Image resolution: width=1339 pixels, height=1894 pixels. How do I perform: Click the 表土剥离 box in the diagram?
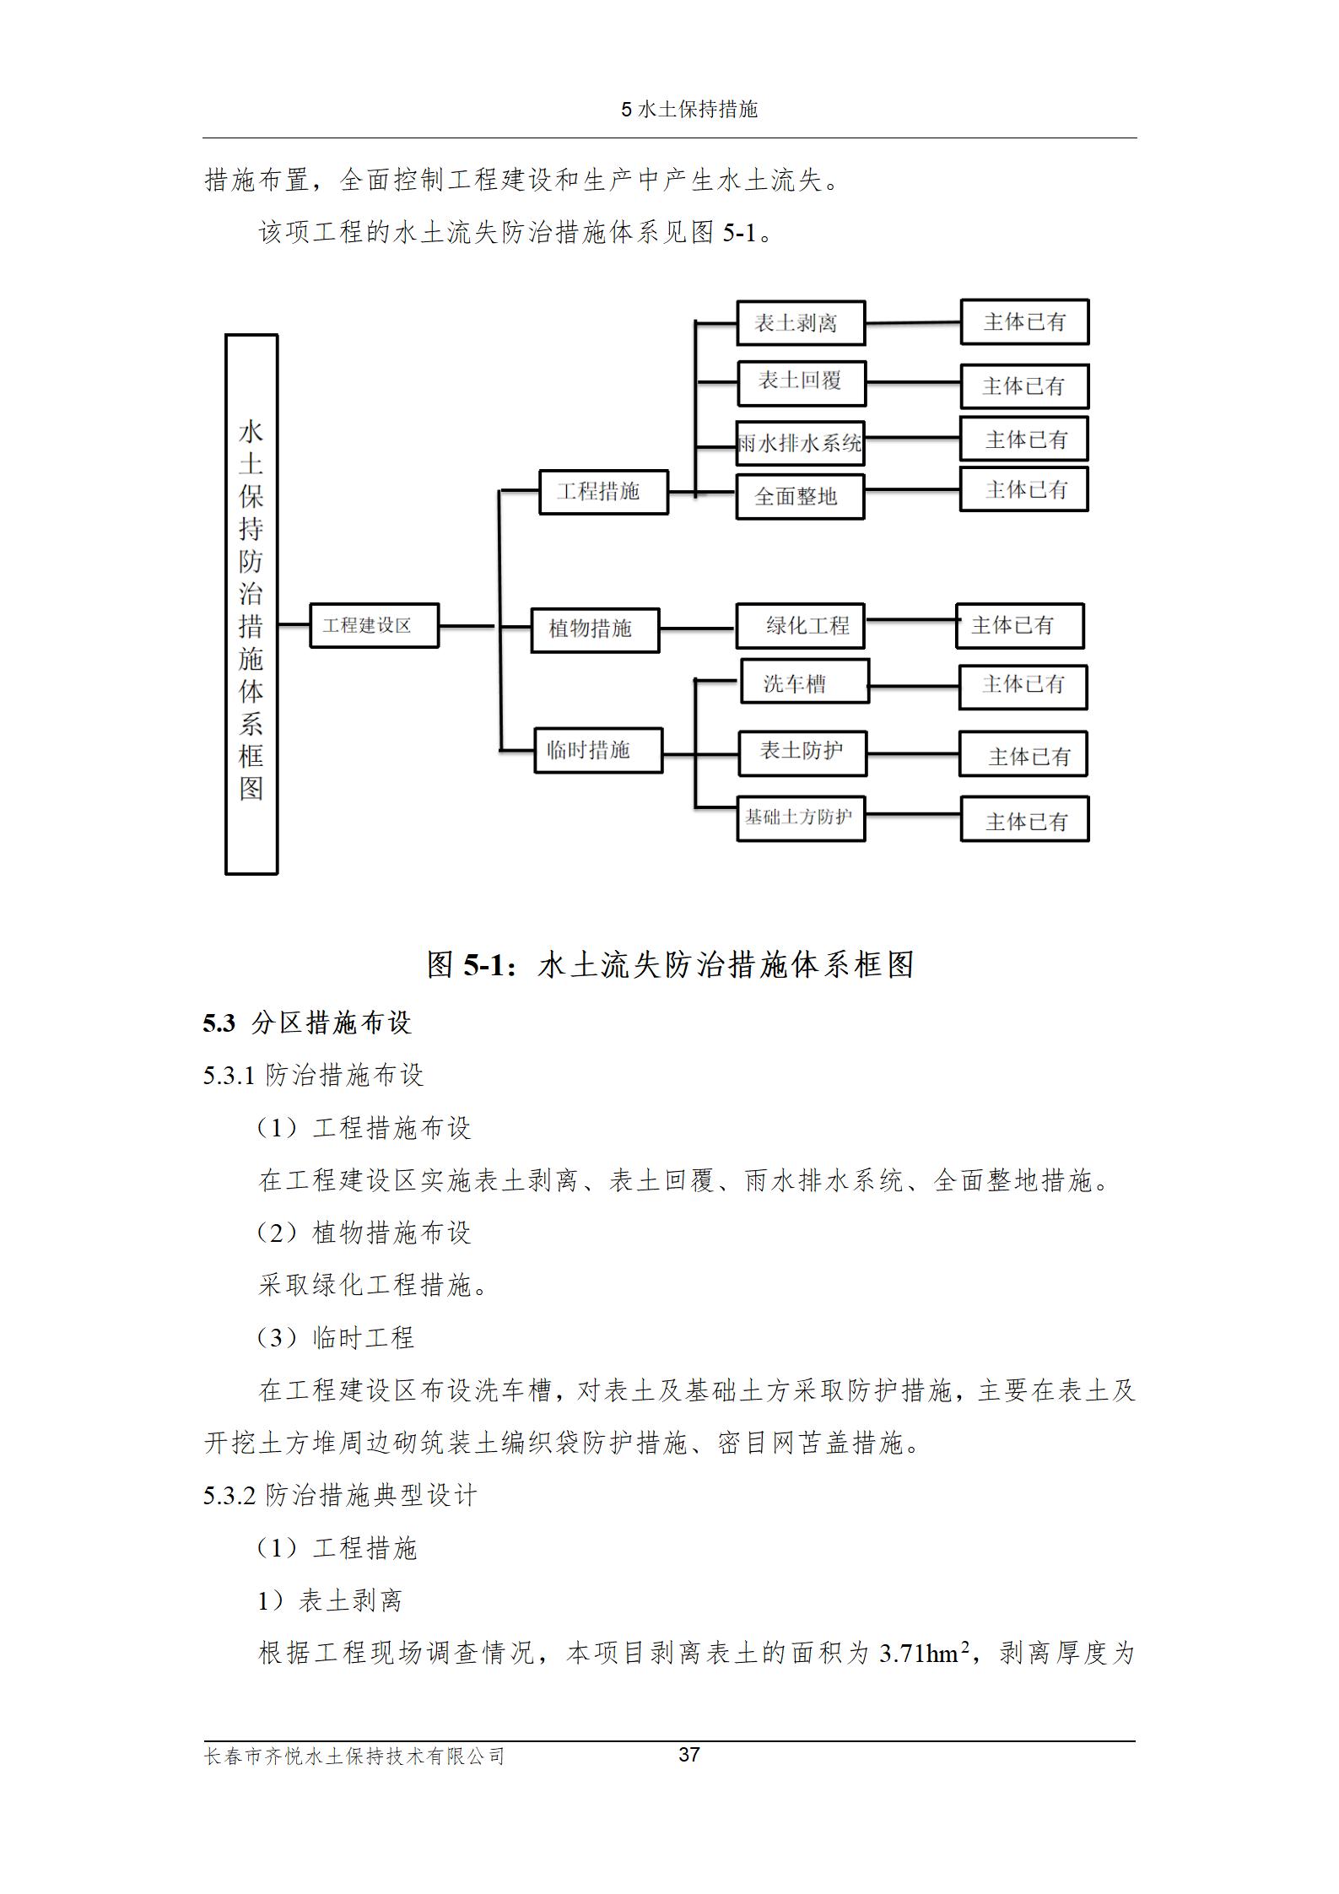tap(800, 323)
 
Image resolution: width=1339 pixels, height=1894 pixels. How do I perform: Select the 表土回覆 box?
tap(800, 380)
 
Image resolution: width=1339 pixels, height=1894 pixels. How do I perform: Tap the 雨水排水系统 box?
tap(800, 443)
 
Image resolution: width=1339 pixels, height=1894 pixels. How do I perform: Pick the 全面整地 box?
tap(800, 496)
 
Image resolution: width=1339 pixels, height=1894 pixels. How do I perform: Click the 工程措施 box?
tap(603, 492)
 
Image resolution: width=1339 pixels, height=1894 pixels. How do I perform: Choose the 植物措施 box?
tap(595, 629)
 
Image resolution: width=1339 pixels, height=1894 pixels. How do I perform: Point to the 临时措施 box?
tap(598, 750)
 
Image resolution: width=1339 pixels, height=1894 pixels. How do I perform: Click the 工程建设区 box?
tap(374, 625)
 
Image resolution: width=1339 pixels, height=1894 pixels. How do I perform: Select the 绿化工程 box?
tap(800, 625)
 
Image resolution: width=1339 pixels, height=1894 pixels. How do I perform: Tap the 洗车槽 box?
tap(804, 683)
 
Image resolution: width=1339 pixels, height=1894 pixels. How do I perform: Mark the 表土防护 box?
tap(802, 753)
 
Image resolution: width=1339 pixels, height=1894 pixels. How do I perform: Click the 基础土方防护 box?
tap(800, 817)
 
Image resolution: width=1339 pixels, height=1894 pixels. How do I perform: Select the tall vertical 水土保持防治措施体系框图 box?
tap(251, 604)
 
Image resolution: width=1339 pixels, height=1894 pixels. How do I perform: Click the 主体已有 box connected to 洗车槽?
tap(1023, 686)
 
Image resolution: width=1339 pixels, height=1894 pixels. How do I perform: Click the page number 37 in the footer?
tap(688, 1755)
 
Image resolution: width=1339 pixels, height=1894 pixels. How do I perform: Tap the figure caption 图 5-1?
tap(670, 964)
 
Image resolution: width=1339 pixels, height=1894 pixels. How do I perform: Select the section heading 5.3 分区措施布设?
tap(306, 1023)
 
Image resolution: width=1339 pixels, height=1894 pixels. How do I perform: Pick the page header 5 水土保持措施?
tap(688, 109)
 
